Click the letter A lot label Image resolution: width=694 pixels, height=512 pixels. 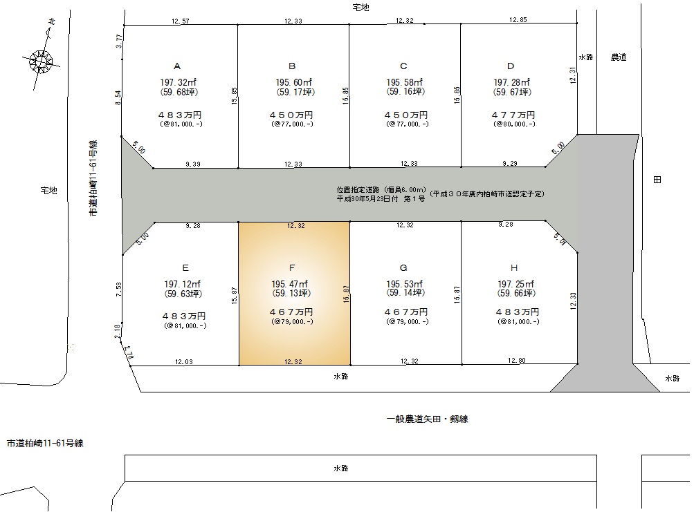pos(177,66)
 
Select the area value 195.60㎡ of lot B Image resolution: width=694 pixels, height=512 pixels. pos(294,83)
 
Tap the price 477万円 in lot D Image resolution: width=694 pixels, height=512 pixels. pos(513,115)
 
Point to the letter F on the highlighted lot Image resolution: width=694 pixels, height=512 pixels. pos(292,267)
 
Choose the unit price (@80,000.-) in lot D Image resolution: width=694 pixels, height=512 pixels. pos(514,124)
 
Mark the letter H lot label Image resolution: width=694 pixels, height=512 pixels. pos(514,267)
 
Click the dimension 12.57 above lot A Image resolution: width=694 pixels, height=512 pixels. pos(181,21)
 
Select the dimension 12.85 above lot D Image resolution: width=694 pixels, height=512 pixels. pos(518,20)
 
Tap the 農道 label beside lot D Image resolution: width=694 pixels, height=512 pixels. pos(619,57)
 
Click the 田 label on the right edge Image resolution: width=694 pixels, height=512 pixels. pos(657,180)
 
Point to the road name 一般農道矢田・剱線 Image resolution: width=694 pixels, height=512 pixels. pos(427,419)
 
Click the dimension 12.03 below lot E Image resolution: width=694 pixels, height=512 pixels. pos(183,361)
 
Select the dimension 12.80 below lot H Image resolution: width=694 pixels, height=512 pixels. pos(516,361)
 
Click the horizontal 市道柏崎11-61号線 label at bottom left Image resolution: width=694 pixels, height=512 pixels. pos(45,443)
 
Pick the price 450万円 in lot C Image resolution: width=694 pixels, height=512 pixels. pos(406,115)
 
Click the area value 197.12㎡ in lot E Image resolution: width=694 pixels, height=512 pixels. pos(183,284)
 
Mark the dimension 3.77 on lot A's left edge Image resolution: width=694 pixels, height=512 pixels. pos(118,41)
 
